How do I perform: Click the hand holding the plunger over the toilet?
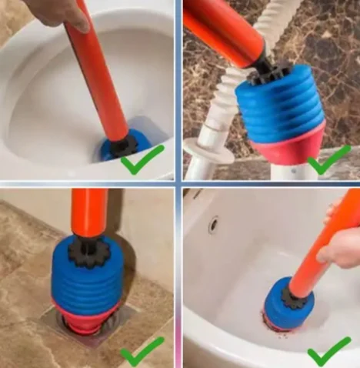pyautogui.click(x=55, y=11)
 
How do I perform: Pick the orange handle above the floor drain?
pyautogui.click(x=88, y=212)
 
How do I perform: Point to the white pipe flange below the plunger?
pyautogui.click(x=207, y=150)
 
